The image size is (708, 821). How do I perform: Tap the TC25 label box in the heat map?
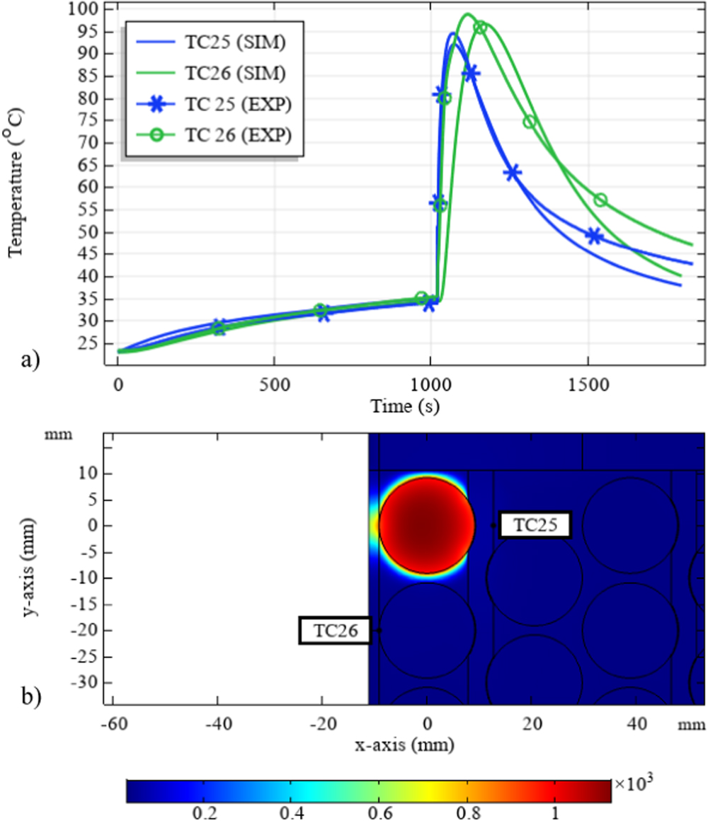pos(535,525)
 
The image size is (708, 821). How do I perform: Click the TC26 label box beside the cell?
pos(335,631)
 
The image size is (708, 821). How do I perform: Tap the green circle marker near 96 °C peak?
pos(480,28)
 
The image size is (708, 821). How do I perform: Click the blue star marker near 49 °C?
pos(594,236)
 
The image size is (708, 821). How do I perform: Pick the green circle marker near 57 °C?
pos(600,200)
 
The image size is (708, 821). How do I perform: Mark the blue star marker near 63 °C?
pos(512,172)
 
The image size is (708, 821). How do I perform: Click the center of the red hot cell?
pos(426,526)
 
